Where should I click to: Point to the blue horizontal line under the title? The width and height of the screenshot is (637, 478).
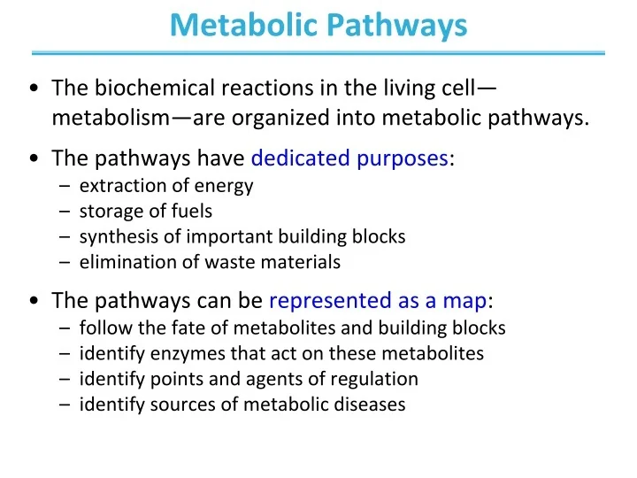[318, 53]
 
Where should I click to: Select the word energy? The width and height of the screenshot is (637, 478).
[229, 186]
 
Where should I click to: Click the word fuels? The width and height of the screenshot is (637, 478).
[191, 212]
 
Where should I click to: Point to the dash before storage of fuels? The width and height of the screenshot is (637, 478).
[67, 212]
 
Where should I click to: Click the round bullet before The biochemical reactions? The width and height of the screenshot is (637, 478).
[33, 89]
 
